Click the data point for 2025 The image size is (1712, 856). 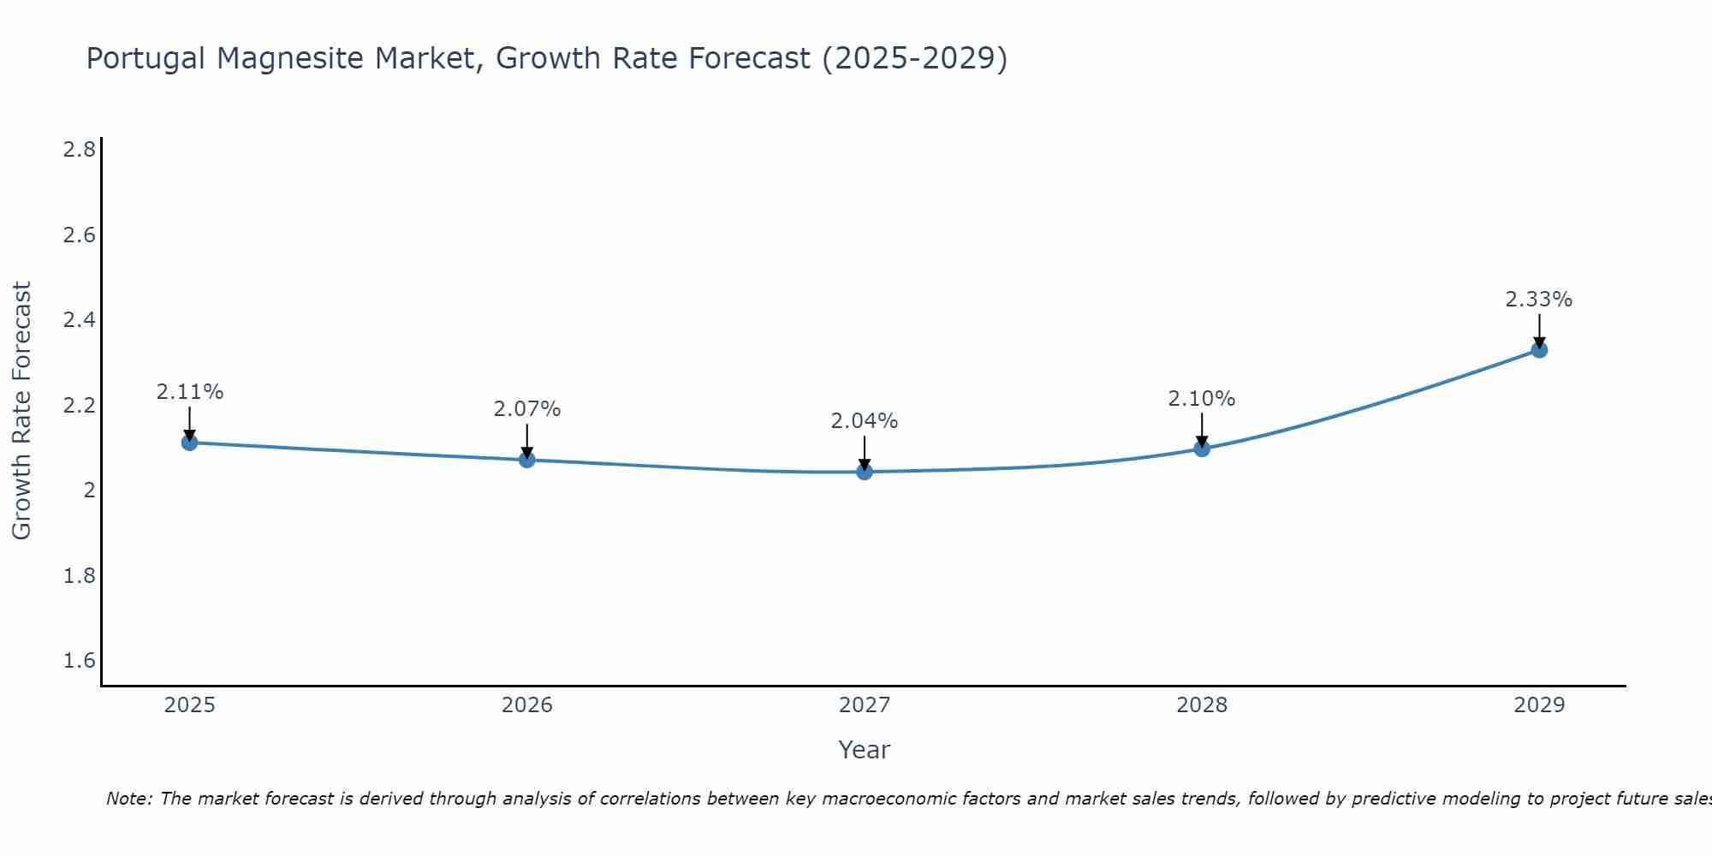click(189, 443)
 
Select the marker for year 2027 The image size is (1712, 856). click(865, 472)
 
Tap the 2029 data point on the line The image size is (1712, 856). click(1539, 349)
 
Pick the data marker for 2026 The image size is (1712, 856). click(527, 460)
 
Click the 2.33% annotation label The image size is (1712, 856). click(1538, 300)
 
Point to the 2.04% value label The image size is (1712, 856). click(864, 421)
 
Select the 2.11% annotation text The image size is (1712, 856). click(189, 392)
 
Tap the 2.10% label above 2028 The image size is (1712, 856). click(1201, 399)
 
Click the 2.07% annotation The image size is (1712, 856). click(526, 409)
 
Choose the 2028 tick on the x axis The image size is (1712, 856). click(1201, 705)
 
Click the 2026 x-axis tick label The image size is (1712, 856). click(526, 705)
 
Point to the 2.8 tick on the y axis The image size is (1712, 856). click(79, 150)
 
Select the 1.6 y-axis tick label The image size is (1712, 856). click(79, 661)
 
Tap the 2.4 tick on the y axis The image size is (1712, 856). click(79, 320)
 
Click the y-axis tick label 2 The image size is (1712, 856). click(89, 490)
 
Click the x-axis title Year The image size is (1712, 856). click(864, 750)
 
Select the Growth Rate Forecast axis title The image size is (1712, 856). click(21, 411)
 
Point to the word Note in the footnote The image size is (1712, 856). click(128, 799)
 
